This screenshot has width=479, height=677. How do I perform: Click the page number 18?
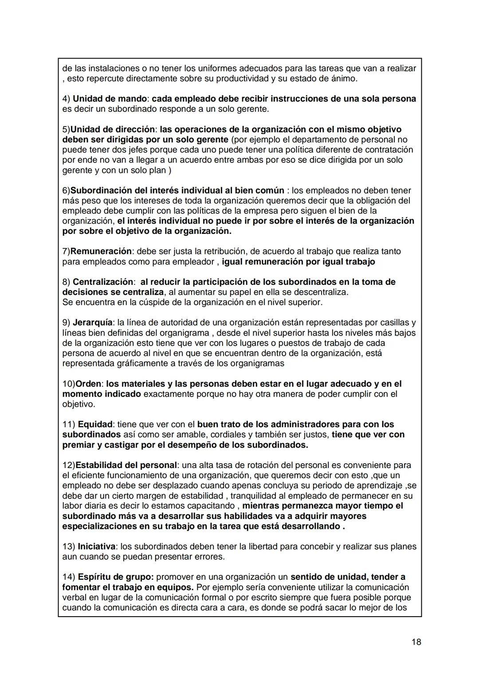(x=416, y=642)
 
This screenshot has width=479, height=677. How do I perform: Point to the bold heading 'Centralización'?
(x=102, y=282)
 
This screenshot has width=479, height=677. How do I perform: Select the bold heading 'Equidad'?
(x=95, y=425)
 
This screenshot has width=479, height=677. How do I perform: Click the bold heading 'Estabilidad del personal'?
(x=126, y=465)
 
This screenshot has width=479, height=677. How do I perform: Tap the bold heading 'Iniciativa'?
(x=96, y=547)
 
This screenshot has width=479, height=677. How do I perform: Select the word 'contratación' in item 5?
(x=388, y=150)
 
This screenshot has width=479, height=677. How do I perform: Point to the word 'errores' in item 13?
(x=209, y=557)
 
